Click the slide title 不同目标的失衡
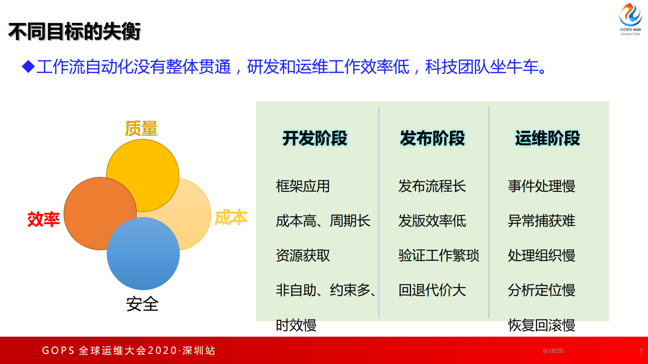click(x=74, y=32)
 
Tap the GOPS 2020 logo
click(x=630, y=19)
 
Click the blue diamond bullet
click(x=28, y=67)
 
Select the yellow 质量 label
click(x=141, y=129)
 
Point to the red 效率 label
click(x=43, y=219)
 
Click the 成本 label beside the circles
click(x=231, y=218)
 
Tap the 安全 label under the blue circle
click(x=142, y=304)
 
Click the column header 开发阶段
click(x=315, y=138)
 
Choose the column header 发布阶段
click(x=432, y=138)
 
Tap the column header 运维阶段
click(x=548, y=138)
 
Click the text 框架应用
click(x=303, y=186)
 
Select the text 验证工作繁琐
click(x=439, y=255)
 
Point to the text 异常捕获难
click(x=541, y=221)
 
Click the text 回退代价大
click(x=432, y=290)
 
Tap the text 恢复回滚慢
click(x=541, y=325)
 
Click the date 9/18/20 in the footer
click(x=553, y=351)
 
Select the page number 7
click(x=641, y=351)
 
